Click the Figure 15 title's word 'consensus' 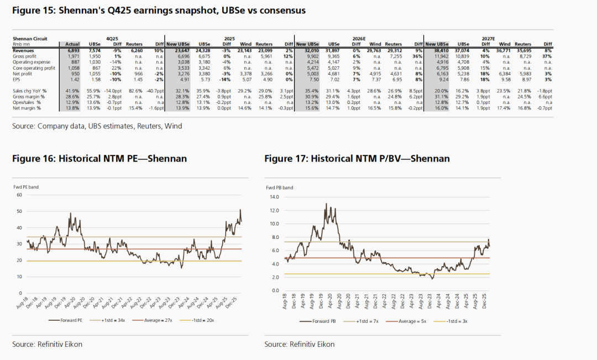point(277,11)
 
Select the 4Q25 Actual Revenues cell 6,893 point(72,50)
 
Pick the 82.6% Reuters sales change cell point(135,90)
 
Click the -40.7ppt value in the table point(155,90)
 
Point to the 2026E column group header point(359,39)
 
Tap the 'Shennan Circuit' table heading point(30,39)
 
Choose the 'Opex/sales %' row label point(28,102)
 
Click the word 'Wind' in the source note point(174,126)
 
